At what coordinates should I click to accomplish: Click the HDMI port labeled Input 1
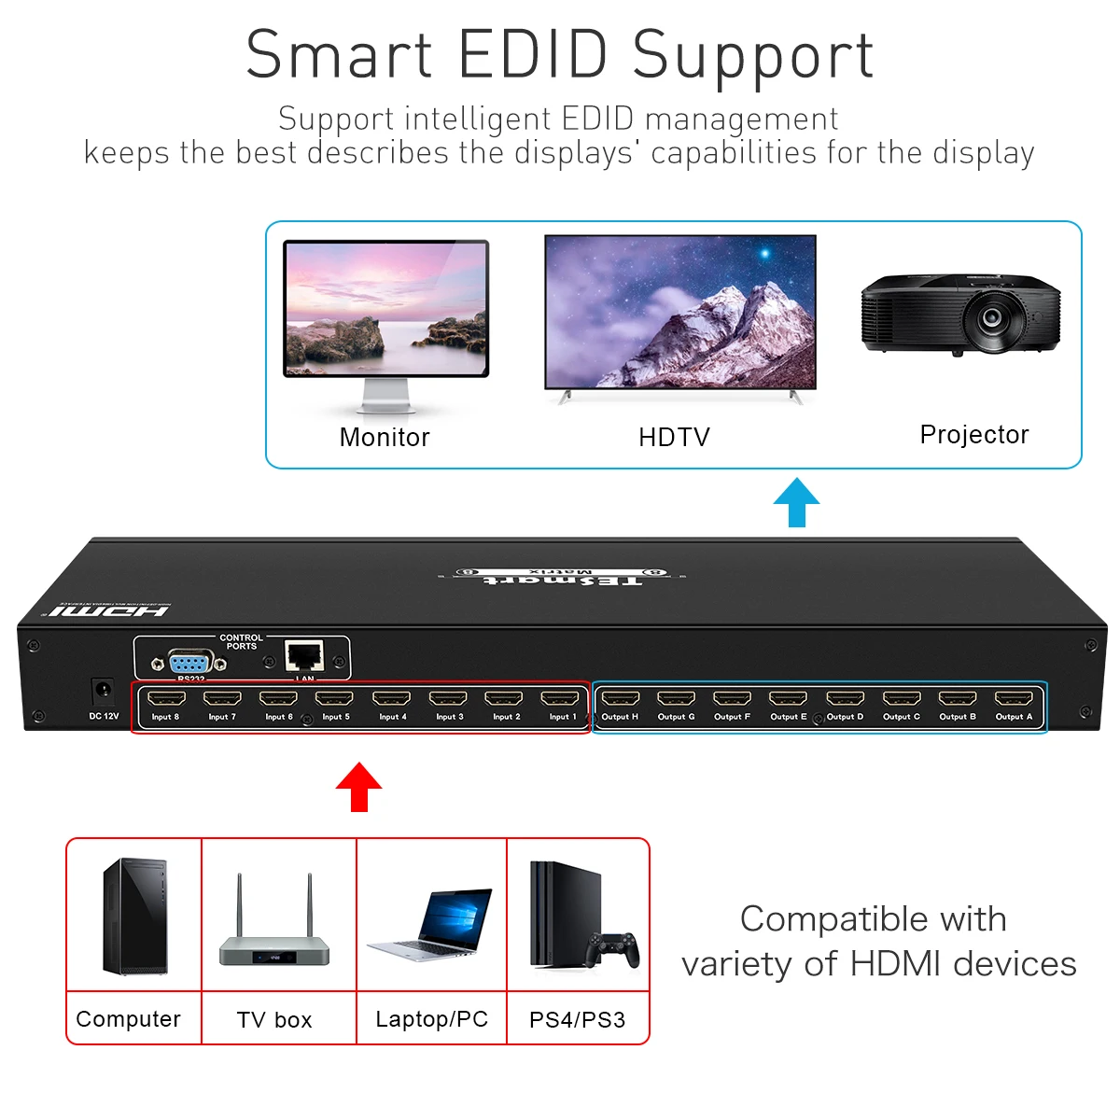[x=560, y=698]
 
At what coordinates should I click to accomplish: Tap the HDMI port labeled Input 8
[x=166, y=698]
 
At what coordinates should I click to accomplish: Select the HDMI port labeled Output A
[x=1014, y=698]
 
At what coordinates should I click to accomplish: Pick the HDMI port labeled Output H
[x=620, y=698]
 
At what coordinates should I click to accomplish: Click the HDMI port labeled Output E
[x=789, y=698]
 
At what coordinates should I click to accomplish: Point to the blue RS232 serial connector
[x=190, y=663]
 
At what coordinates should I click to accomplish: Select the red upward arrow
[x=358, y=787]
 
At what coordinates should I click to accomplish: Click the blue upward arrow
[x=796, y=502]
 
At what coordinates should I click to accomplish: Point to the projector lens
[x=991, y=317]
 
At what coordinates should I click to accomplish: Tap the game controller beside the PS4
[x=613, y=949]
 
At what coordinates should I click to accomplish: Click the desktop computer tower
[x=135, y=917]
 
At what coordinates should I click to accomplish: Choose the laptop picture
[x=431, y=924]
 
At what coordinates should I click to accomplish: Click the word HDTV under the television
[x=674, y=437]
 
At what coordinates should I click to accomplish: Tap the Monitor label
[x=385, y=437]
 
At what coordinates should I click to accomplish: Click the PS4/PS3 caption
[x=577, y=1019]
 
